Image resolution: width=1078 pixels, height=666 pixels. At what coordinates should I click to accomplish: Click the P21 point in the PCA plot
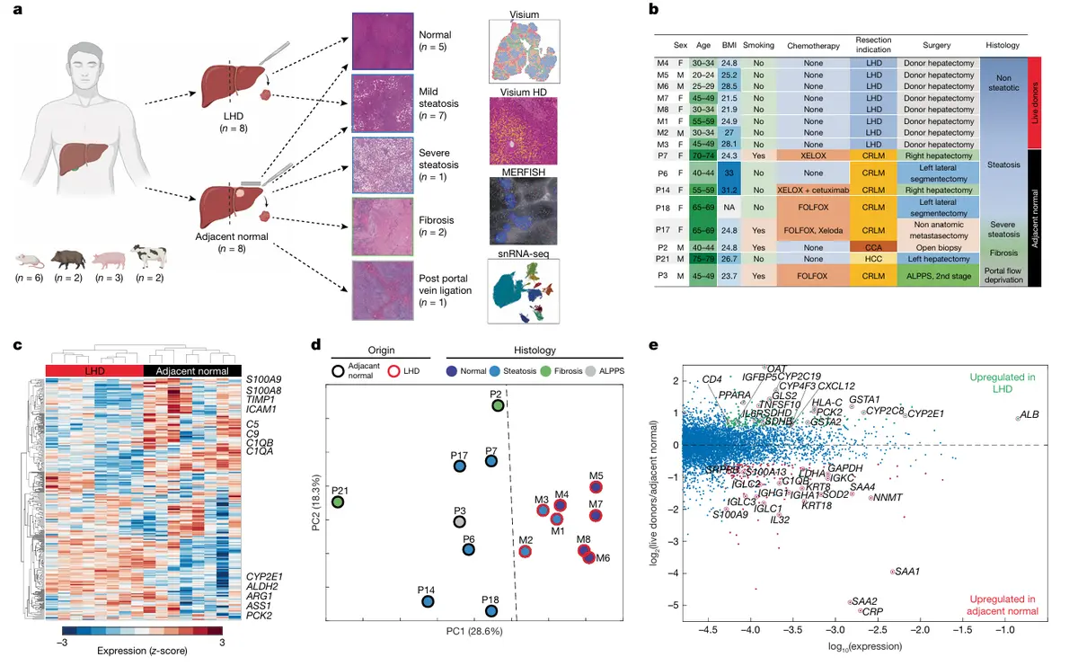tap(339, 502)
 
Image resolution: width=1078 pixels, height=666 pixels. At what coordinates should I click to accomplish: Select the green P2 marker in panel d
tap(498, 406)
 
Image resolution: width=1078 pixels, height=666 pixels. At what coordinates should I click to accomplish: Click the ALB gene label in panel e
tap(1029, 414)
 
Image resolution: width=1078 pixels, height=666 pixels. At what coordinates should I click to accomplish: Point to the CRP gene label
tap(873, 611)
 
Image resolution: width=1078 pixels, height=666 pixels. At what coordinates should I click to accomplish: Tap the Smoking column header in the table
tap(759, 44)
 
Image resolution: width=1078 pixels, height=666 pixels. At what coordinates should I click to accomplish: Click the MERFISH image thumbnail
tap(524, 209)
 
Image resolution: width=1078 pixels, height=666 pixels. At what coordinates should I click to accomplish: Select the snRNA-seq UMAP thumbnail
tap(524, 292)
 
